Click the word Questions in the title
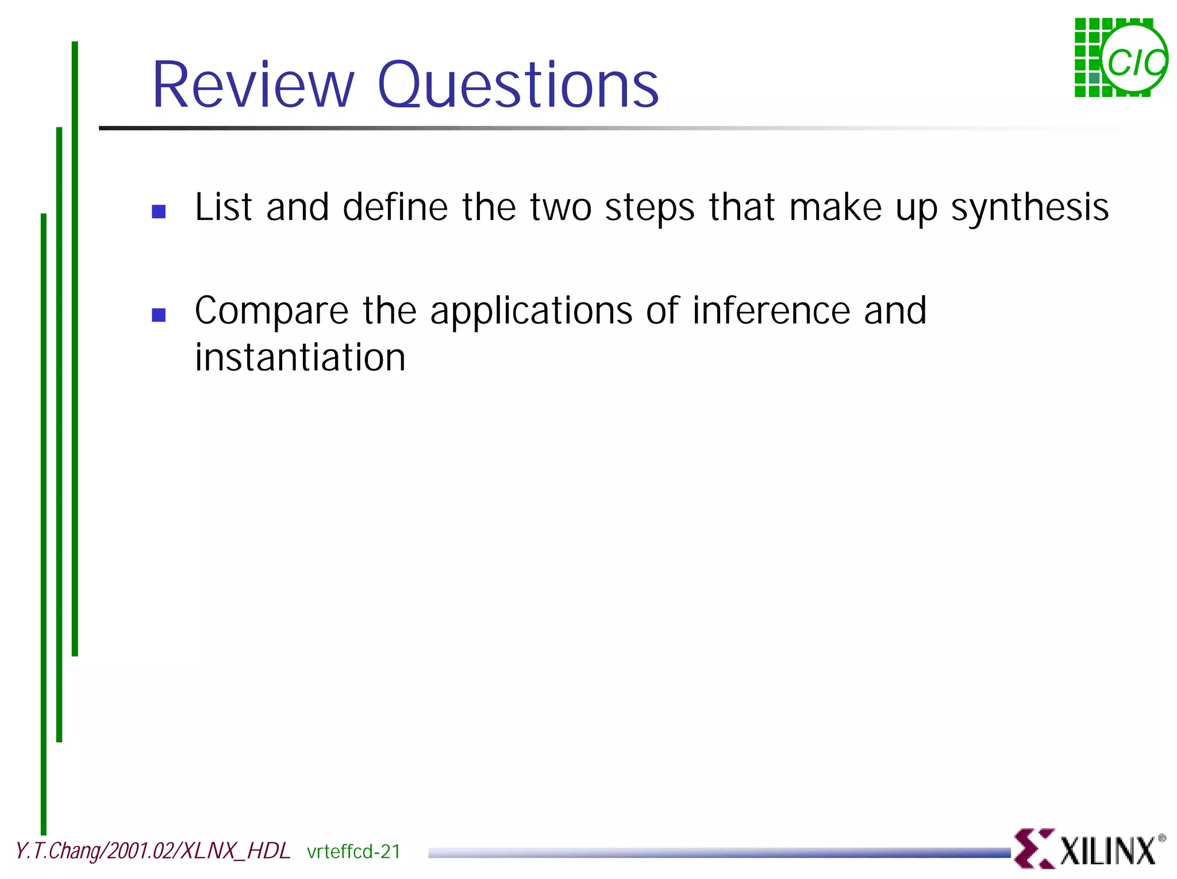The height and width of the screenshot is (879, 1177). click(x=518, y=86)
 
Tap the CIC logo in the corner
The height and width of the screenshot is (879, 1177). click(x=1121, y=57)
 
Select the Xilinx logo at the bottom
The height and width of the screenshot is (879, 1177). click(x=1089, y=849)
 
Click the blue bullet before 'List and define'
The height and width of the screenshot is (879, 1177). click(x=159, y=211)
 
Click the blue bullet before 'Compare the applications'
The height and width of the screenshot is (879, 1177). click(x=159, y=315)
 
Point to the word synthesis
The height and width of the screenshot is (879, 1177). click(x=1029, y=208)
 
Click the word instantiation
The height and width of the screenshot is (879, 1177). click(x=300, y=357)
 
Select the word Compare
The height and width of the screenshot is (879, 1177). click(x=271, y=311)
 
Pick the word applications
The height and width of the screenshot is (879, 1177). click(x=531, y=311)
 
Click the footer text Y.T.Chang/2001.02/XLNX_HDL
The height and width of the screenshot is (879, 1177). click(x=153, y=851)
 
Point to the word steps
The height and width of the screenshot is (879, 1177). click(x=649, y=208)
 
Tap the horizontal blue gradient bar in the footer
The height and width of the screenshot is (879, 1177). click(x=718, y=853)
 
